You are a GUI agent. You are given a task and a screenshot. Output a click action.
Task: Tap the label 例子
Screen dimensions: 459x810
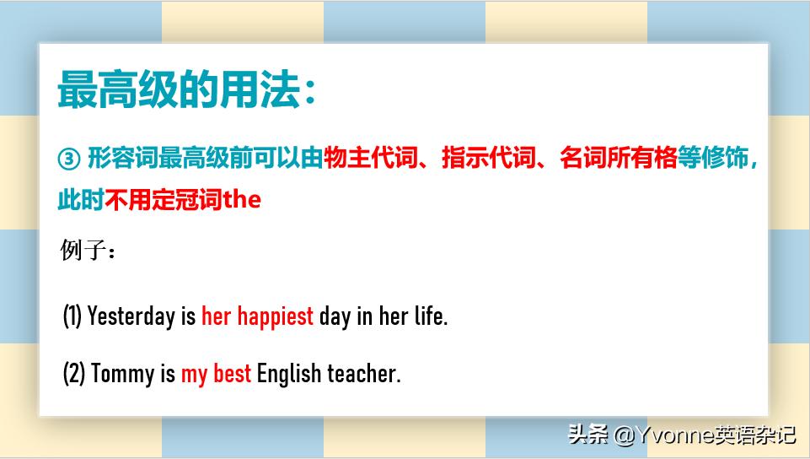(x=83, y=251)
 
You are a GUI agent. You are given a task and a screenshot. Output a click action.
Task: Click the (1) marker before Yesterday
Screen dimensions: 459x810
(x=72, y=317)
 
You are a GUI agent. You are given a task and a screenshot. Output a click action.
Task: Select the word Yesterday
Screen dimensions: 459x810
(x=131, y=317)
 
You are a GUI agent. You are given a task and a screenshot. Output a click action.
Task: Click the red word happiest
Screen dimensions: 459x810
(x=275, y=317)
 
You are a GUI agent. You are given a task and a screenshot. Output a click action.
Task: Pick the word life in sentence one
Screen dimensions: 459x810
(x=430, y=317)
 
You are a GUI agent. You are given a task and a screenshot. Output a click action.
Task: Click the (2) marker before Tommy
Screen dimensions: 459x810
(x=74, y=374)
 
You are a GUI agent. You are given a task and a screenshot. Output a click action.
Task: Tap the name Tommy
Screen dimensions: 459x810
(x=122, y=374)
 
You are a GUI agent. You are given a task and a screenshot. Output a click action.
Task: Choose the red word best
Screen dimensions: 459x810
(x=232, y=374)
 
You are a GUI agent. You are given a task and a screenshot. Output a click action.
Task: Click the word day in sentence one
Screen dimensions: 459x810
(x=334, y=317)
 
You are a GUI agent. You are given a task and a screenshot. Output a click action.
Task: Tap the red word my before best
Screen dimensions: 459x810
(x=194, y=374)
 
